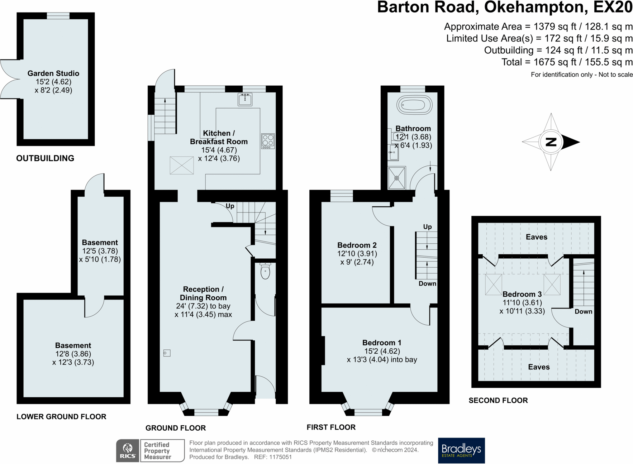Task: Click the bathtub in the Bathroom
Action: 414,105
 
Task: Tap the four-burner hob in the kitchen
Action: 268,141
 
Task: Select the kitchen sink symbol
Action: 245,99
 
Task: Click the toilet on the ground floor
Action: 265,271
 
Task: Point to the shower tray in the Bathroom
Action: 397,178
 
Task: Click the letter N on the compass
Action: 551,142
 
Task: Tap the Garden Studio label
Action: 53,73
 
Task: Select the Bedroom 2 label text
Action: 357,245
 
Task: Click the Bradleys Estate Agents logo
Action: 461,450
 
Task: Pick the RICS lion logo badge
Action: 128,450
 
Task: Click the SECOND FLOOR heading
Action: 498,400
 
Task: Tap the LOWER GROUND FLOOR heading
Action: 61,416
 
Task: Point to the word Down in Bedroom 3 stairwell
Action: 583,311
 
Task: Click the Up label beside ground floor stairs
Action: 230,206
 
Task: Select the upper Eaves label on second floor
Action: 536,237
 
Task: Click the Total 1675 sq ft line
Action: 567,62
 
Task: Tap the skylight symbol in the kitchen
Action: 182,165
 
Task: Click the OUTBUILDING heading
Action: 45,158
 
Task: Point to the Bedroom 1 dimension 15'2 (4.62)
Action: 382,351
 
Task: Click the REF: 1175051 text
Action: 273,457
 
